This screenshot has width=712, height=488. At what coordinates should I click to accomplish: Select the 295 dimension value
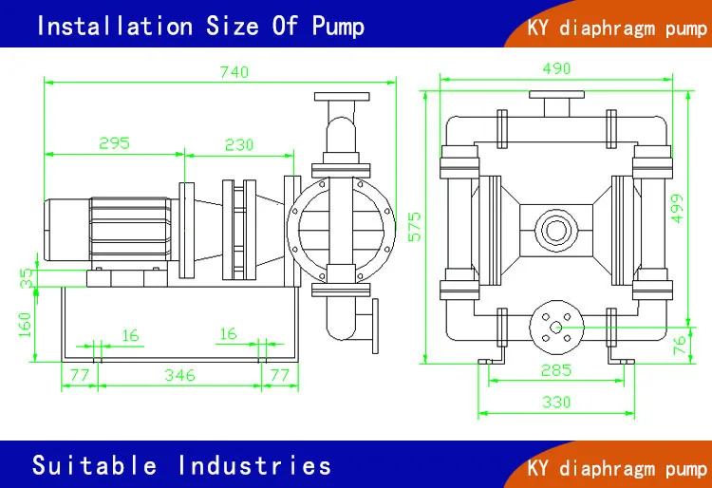point(113,143)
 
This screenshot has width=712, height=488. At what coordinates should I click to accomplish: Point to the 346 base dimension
point(178,375)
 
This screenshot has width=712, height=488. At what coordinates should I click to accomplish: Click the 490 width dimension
point(556,68)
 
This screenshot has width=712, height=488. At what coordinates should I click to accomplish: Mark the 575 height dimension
point(416,227)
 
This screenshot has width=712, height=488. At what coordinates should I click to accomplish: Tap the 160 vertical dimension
point(26,322)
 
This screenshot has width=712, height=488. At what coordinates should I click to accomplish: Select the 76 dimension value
point(679,345)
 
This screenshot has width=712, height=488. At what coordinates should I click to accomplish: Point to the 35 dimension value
point(26,277)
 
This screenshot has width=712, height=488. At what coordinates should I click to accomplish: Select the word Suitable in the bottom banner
point(94,465)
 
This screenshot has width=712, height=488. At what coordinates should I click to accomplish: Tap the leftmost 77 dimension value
point(79,375)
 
